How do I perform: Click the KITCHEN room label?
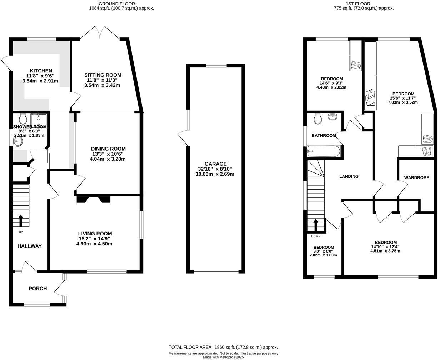[x=41, y=71]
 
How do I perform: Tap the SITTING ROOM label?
[x=102, y=75]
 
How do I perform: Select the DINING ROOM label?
[x=108, y=149]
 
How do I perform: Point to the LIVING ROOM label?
[x=95, y=234]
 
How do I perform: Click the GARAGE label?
[x=215, y=164]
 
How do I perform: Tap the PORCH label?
[x=37, y=289]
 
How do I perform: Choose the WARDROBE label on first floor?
[x=416, y=177]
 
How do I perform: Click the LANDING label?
[x=349, y=176]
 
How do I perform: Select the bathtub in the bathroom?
[x=324, y=151]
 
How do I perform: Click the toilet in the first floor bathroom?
[x=317, y=118]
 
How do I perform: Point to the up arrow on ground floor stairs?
[x=20, y=220]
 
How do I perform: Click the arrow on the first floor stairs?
[x=316, y=225]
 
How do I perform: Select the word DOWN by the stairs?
[x=316, y=236]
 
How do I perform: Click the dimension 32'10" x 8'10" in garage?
[x=215, y=169]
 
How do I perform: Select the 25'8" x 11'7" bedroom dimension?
[x=402, y=98]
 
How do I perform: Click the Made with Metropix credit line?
[x=223, y=357]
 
